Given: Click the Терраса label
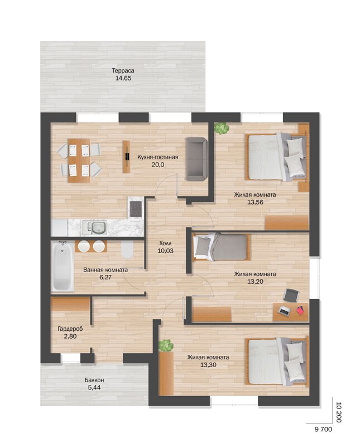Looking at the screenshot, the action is (123, 70).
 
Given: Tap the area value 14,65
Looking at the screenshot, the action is (123, 78).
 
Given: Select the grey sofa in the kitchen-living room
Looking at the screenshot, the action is (196, 159).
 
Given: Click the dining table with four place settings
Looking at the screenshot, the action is (79, 160).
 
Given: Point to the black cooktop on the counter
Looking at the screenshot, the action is (136, 208).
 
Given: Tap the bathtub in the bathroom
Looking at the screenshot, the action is (63, 267).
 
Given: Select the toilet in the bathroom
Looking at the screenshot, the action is (127, 250).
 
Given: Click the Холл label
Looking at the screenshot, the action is (165, 243).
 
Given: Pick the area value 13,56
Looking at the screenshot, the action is (255, 202).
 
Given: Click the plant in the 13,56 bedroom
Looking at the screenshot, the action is (222, 128).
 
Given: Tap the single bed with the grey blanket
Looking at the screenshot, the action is (220, 247).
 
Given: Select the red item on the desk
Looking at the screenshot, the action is (300, 311).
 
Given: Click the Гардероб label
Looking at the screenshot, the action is (70, 329).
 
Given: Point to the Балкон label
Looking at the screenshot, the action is (94, 380).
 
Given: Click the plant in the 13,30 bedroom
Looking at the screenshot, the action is (166, 345).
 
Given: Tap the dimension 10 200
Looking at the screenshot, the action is (339, 412).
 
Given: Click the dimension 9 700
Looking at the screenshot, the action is (324, 429).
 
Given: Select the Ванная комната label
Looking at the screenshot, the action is (105, 270).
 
